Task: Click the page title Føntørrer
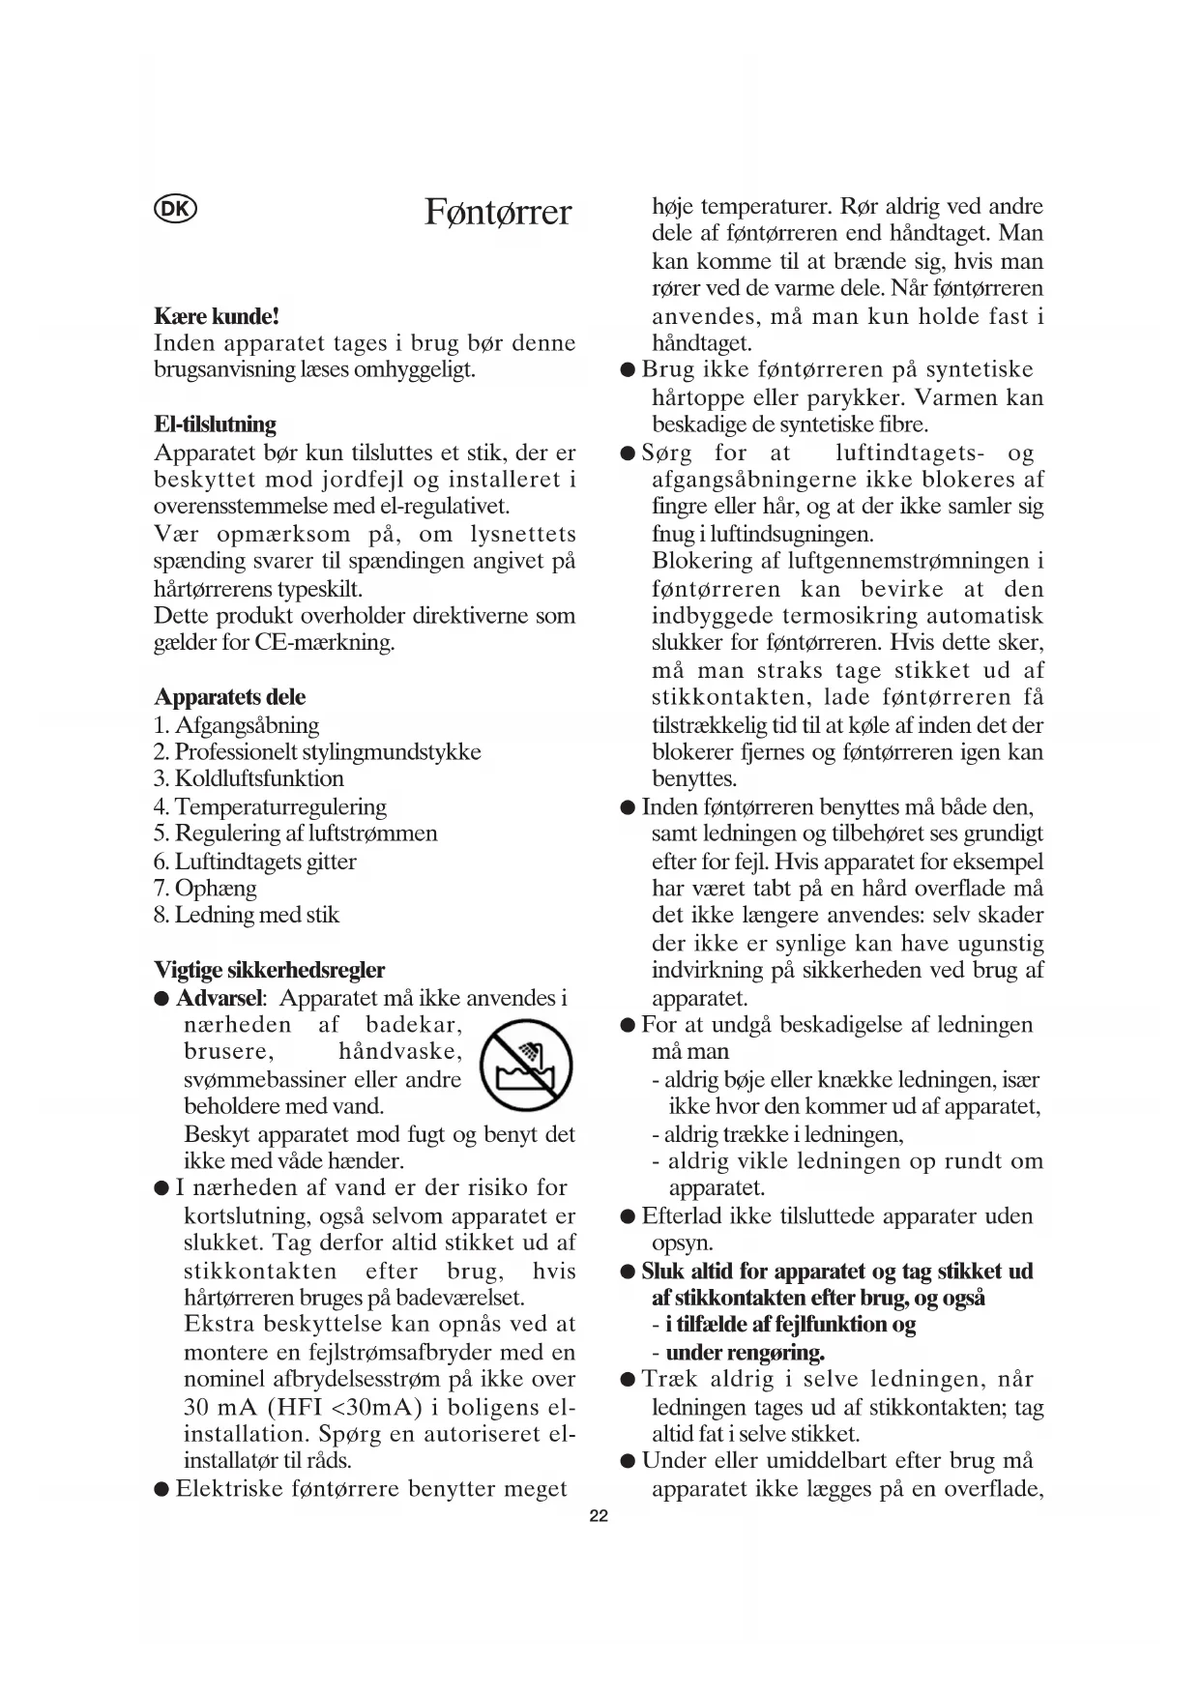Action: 498,212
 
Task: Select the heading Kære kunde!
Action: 217,316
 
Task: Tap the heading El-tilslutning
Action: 215,424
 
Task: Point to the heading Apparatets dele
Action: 229,697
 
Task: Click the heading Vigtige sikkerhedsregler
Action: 269,970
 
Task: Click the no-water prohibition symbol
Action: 526,1067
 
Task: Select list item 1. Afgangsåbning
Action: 236,725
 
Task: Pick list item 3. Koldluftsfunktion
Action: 249,779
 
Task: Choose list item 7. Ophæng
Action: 205,889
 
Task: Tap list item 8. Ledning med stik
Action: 246,916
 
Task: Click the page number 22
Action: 599,1516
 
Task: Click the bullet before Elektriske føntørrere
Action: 162,1489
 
